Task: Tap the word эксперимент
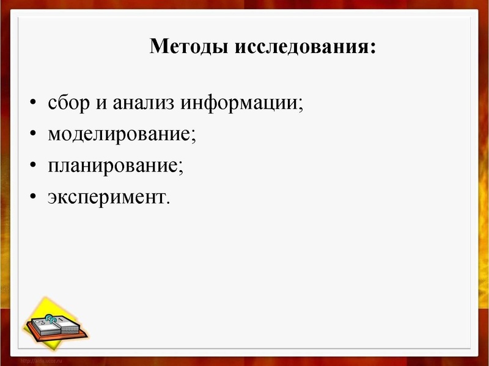105,197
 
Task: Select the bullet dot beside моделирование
33,134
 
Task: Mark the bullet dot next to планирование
33,166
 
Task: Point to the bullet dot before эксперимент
33,198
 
